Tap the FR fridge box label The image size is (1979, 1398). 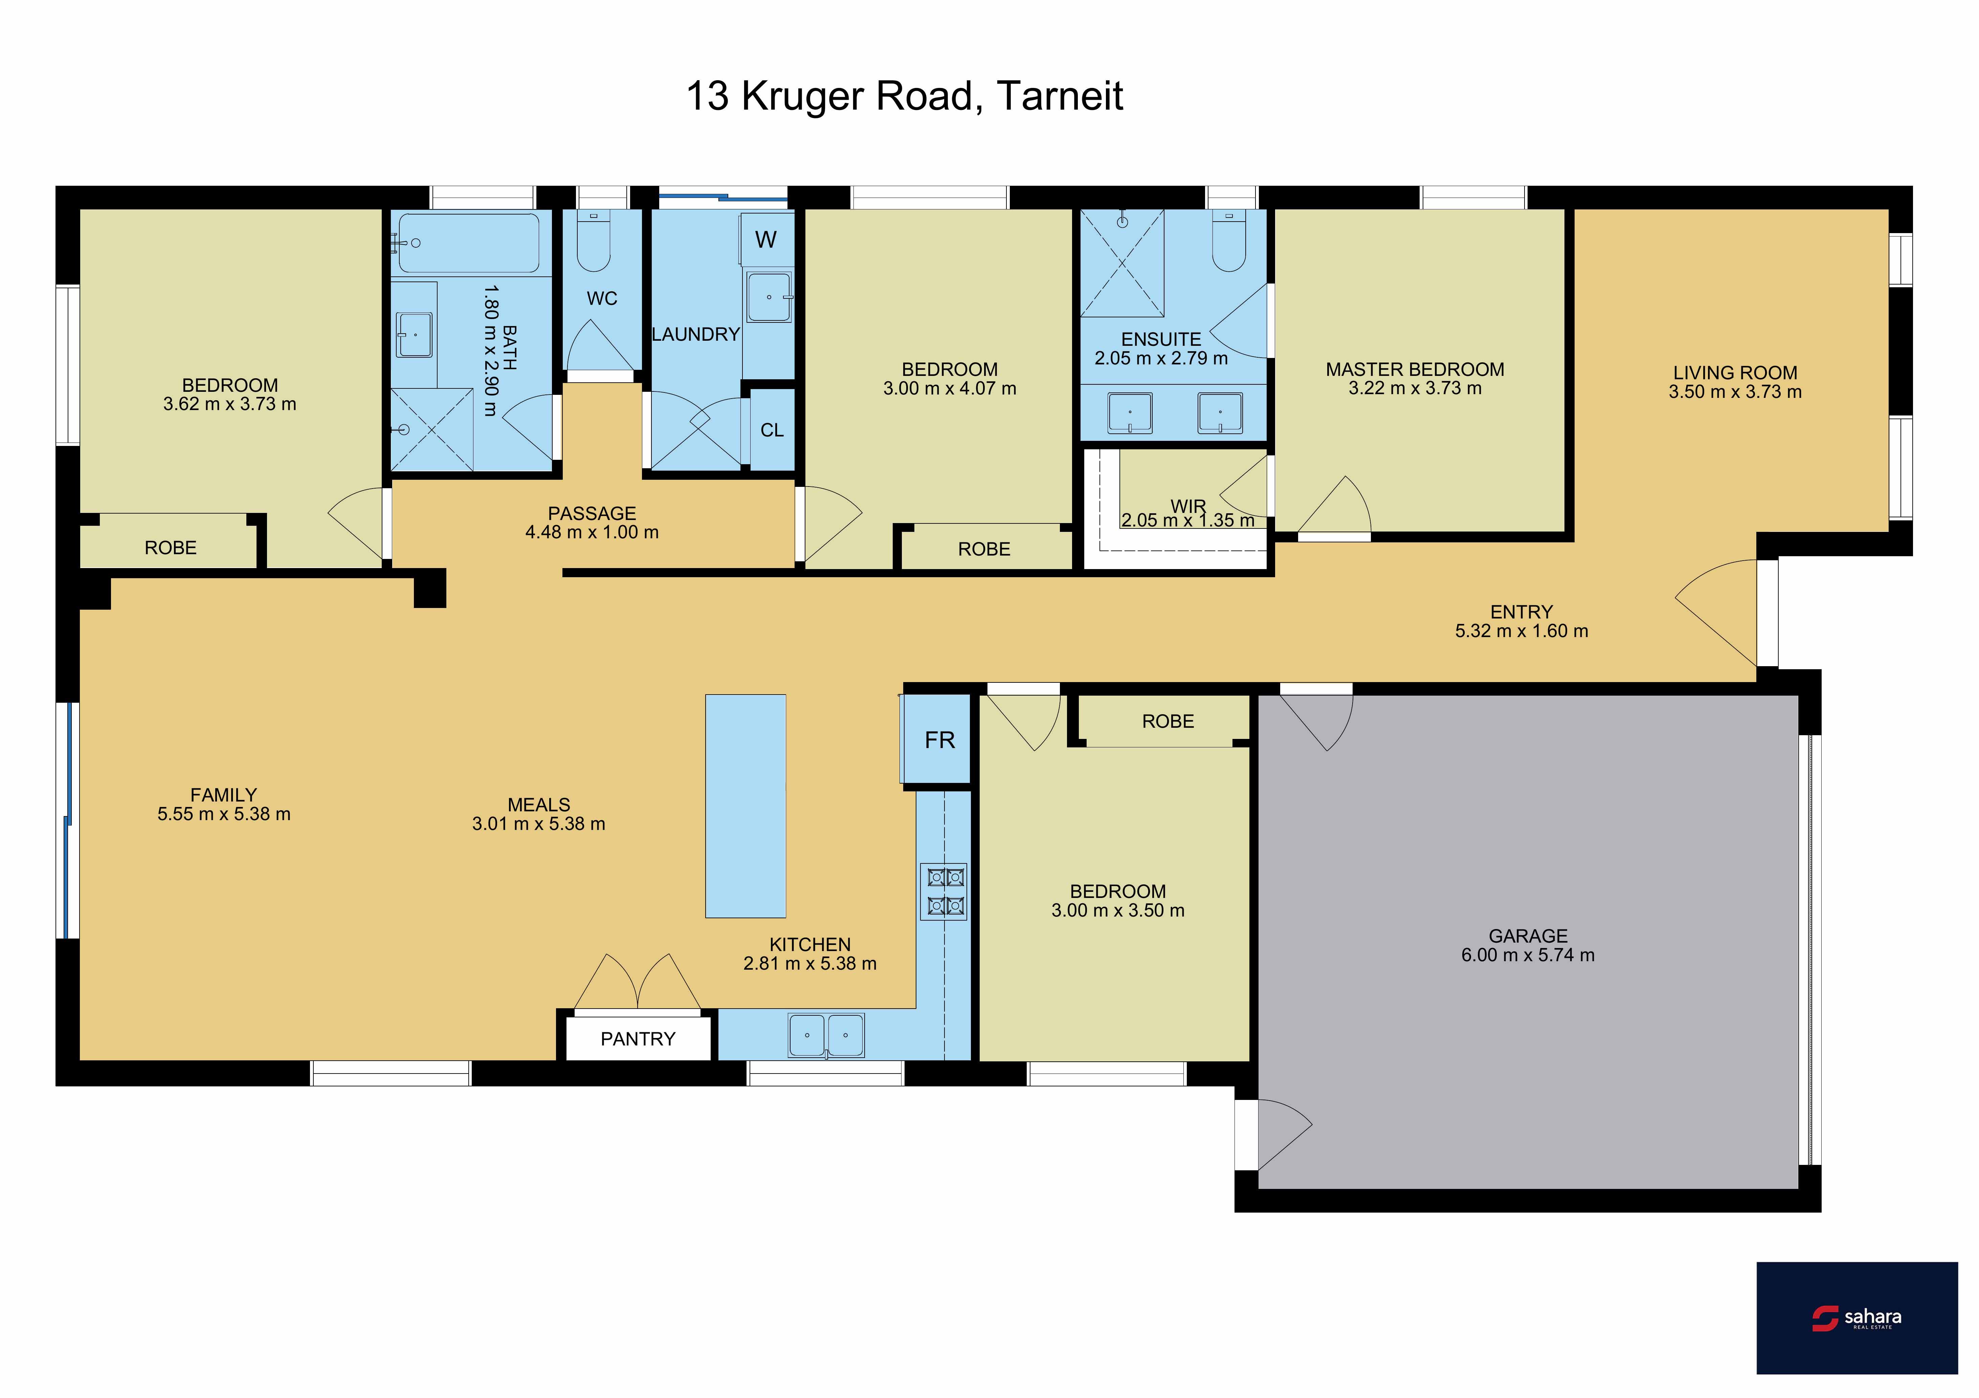(939, 740)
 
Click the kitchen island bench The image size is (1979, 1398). (746, 806)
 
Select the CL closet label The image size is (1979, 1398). (772, 430)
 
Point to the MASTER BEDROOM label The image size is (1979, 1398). (1415, 369)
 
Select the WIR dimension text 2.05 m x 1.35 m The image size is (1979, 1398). (1188, 521)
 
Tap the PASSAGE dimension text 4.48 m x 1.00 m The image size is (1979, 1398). (592, 533)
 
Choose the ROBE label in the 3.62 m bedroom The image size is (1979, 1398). (171, 548)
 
